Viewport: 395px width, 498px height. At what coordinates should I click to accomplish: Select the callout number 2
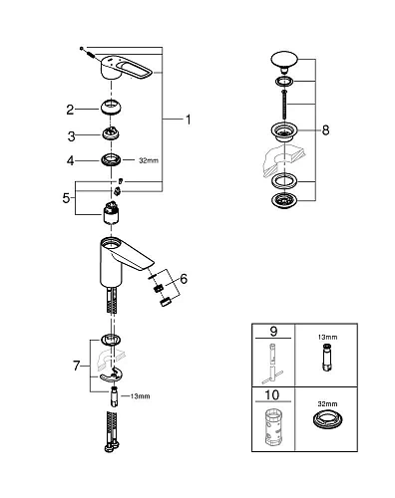click(x=70, y=109)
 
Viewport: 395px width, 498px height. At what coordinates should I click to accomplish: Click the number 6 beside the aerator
click(x=183, y=280)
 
